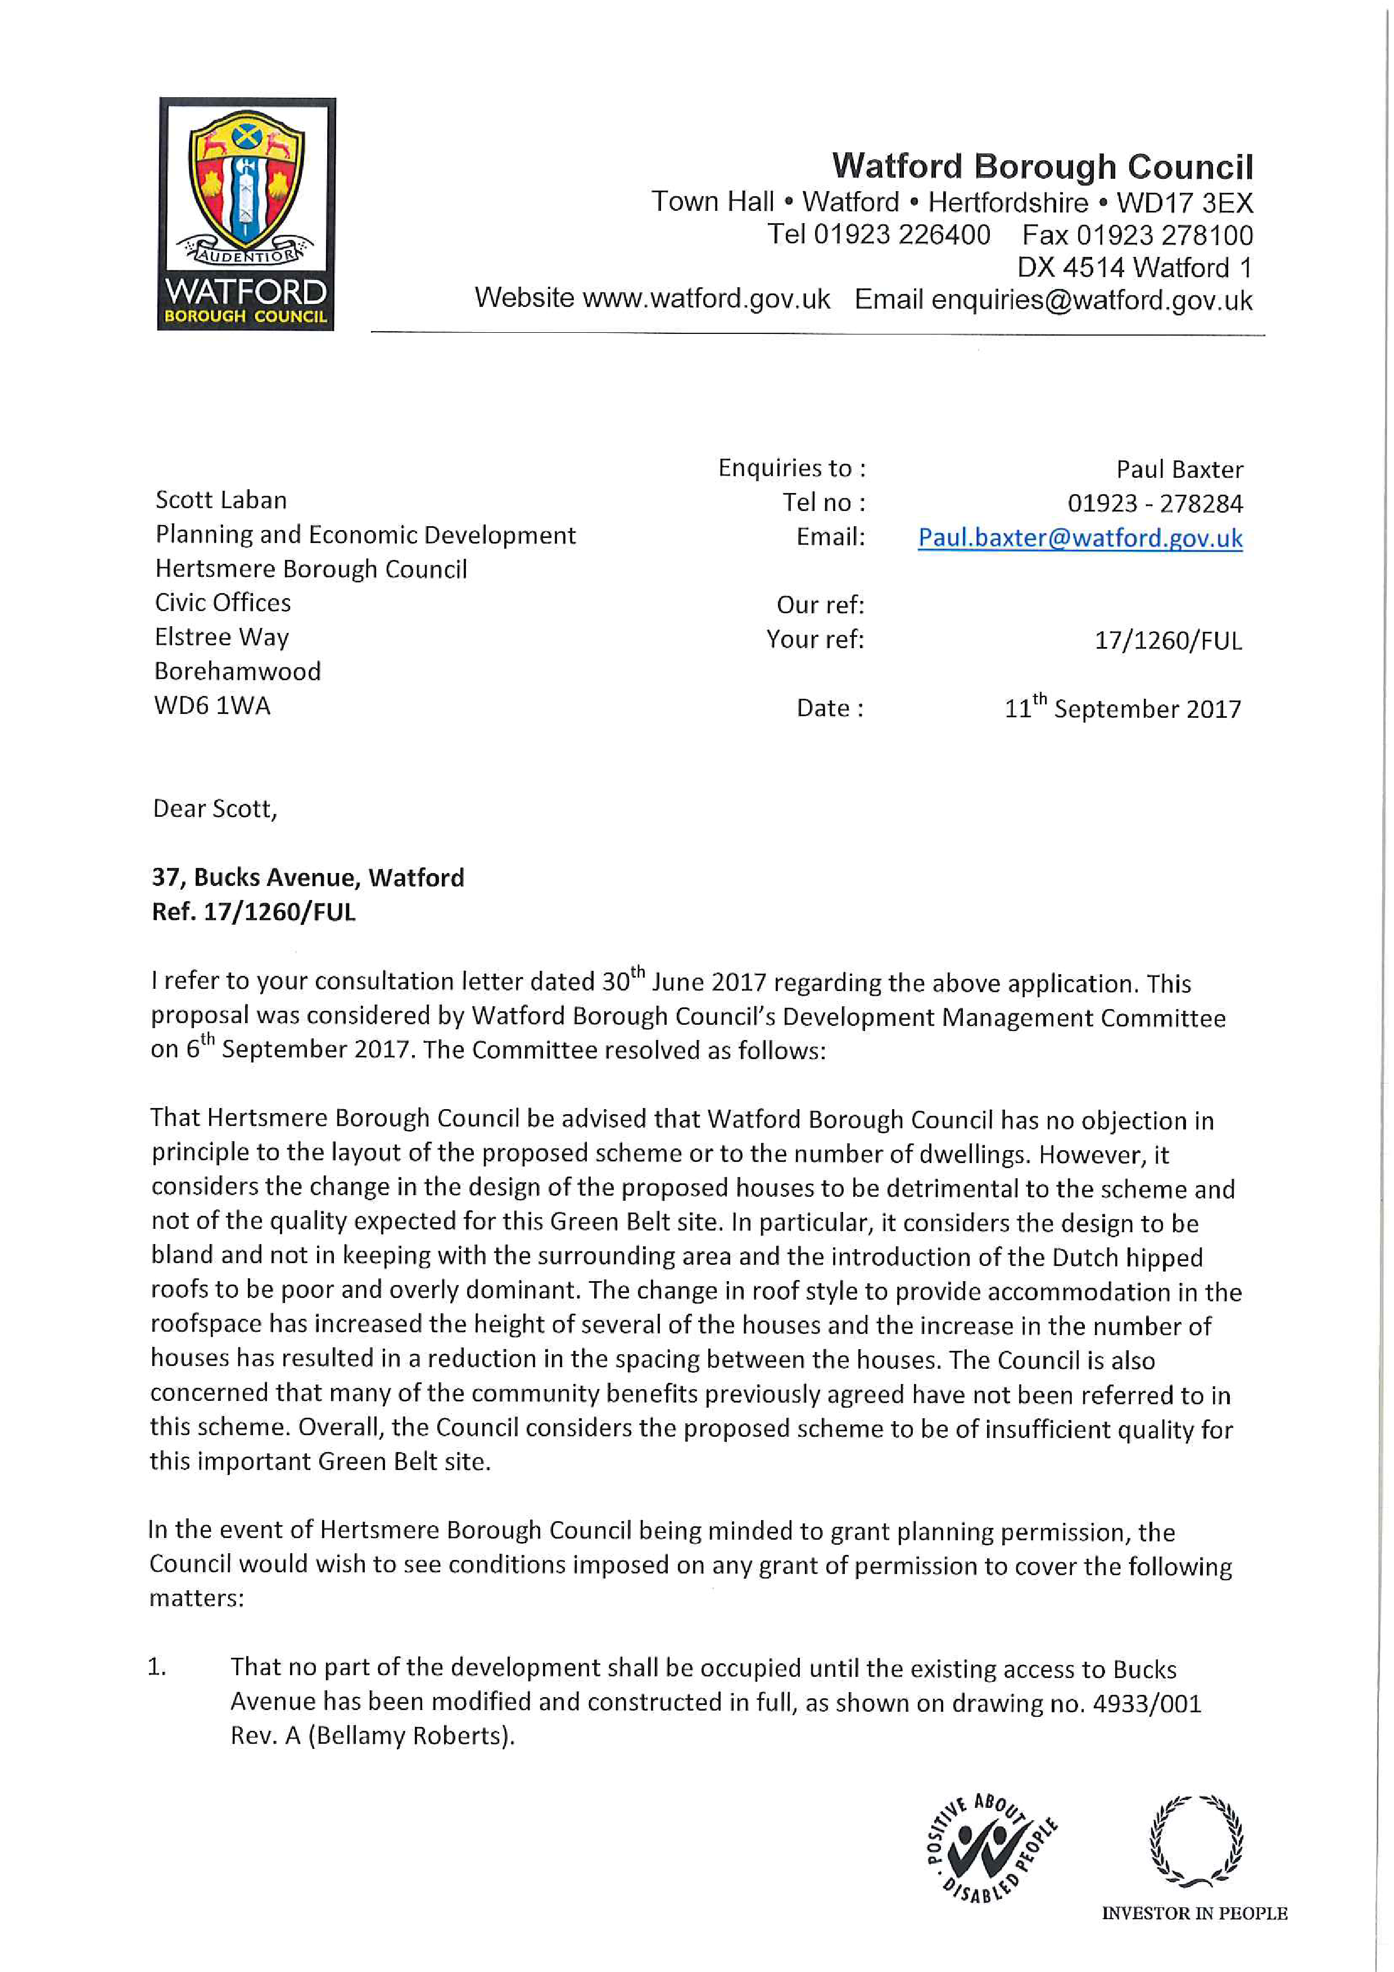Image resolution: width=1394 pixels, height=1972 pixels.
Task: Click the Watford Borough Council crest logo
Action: tap(247, 213)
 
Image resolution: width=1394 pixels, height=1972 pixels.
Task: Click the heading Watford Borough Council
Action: tap(1042, 166)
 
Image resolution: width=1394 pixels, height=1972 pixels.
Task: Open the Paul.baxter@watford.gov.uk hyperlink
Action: tap(1080, 537)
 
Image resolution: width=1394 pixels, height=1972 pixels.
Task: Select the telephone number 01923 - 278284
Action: tap(1155, 503)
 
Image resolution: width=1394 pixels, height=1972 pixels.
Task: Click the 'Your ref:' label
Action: tap(814, 639)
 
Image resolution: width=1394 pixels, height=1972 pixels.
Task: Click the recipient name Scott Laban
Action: tap(221, 500)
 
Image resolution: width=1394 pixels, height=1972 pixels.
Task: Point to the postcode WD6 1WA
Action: tap(212, 705)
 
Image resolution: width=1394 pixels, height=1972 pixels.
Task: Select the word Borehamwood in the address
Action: tap(237, 671)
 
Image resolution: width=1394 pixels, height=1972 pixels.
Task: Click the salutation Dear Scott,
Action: tap(215, 809)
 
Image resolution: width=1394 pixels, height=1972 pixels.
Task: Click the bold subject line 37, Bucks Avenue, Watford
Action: tap(307, 877)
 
